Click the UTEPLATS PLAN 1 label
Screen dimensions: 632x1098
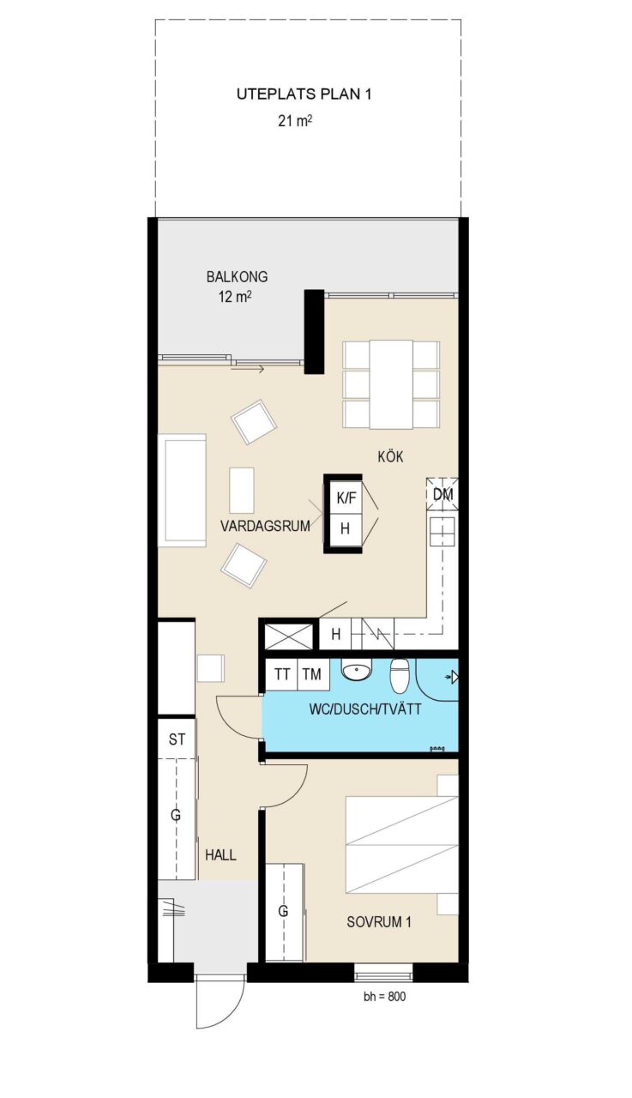pos(304,94)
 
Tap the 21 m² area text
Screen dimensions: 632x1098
pos(296,121)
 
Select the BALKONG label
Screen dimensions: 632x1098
pos(238,277)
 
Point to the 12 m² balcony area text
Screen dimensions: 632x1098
pos(235,297)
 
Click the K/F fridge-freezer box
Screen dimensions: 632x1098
pos(346,498)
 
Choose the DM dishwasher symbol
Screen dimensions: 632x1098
pos(442,494)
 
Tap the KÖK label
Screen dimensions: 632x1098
pos(390,457)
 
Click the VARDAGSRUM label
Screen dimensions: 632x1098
pos(265,527)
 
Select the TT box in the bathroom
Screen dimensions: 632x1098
pos(282,675)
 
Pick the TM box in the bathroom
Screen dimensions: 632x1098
pos(312,675)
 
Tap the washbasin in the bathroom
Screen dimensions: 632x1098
pos(356,670)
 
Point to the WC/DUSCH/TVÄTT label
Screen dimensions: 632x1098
pos(365,709)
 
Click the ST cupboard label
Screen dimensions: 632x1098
pos(177,739)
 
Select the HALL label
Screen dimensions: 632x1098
pos(220,855)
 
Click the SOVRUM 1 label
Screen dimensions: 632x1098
pos(379,922)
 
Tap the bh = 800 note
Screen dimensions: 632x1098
pos(384,997)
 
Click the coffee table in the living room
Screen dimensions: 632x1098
pos(242,490)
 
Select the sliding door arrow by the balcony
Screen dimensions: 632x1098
pos(248,369)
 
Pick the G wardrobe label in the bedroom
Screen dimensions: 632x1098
pos(283,911)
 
